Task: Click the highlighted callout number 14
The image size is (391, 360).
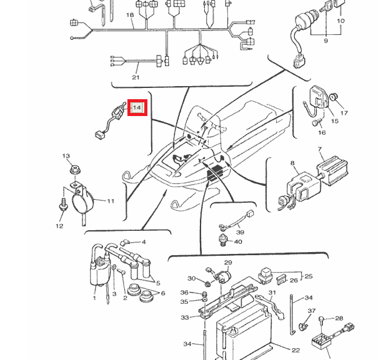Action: click(x=137, y=108)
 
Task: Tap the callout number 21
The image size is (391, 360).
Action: click(x=136, y=77)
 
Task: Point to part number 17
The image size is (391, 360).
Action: click(x=344, y=114)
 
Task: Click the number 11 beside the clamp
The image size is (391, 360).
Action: click(x=111, y=201)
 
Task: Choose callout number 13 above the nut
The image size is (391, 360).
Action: click(x=66, y=155)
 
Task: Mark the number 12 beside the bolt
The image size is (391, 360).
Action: click(x=59, y=226)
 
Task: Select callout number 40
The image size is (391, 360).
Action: click(x=239, y=241)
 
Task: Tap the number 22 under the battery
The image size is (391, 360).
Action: click(x=296, y=349)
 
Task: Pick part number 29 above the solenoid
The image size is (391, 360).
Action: click(x=228, y=263)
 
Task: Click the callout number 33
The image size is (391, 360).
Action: click(x=185, y=318)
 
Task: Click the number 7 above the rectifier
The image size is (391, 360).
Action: click(x=320, y=150)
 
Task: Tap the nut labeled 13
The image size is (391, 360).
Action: click(x=75, y=168)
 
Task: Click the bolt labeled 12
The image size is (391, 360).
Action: click(x=63, y=204)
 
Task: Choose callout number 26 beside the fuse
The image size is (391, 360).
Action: click(x=294, y=280)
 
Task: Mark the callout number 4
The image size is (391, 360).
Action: click(x=143, y=242)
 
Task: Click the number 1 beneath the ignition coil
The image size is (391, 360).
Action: click(x=94, y=298)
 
